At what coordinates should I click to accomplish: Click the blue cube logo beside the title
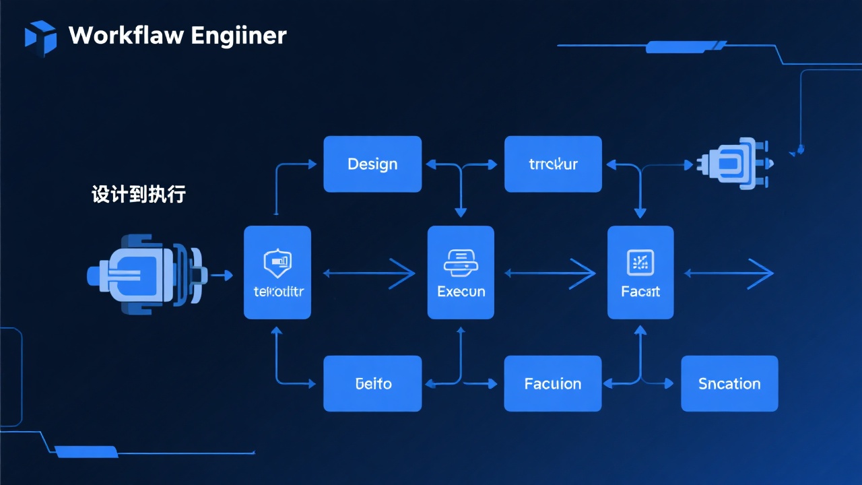[x=40, y=37]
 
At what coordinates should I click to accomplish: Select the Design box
[x=372, y=164]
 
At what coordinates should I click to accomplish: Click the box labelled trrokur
[x=553, y=164]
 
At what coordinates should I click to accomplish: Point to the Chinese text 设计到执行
[x=138, y=195]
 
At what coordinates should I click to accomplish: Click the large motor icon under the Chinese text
[x=145, y=274]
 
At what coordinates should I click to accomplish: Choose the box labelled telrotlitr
[x=277, y=273]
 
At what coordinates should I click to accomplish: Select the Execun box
[x=461, y=273]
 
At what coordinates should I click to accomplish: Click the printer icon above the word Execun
[x=461, y=262]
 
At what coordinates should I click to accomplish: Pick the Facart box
[x=640, y=273]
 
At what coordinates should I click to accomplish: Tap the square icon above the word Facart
[x=640, y=262]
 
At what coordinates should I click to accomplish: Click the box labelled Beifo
[x=372, y=384]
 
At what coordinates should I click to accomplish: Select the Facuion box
[x=553, y=384]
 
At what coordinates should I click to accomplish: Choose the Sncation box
[x=729, y=384]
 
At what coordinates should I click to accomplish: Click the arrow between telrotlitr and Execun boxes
[x=369, y=273]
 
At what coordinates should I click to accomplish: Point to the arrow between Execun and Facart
[x=550, y=273]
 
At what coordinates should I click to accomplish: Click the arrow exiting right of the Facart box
[x=729, y=273]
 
